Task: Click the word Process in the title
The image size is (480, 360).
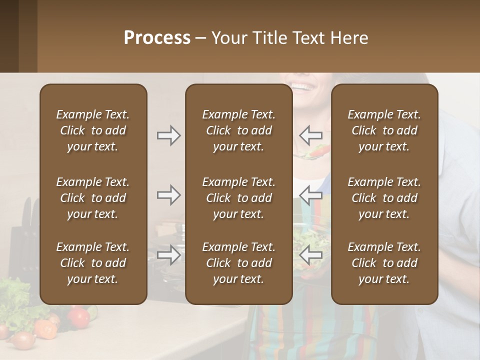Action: tap(157, 38)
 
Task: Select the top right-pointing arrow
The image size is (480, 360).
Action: tap(168, 135)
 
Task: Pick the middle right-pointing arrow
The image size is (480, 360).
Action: tap(168, 195)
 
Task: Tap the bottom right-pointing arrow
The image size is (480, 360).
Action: tap(168, 255)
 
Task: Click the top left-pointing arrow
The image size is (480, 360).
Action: tap(311, 135)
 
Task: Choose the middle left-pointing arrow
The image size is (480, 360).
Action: tap(311, 195)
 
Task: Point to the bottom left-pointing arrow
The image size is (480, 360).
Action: tap(311, 255)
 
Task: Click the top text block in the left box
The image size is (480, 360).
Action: tap(93, 130)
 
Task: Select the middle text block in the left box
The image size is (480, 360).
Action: tap(93, 198)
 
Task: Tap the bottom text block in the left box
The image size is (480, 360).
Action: tap(93, 263)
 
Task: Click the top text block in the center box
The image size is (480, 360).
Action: tap(238, 130)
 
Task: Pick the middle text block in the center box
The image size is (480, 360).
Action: tap(238, 198)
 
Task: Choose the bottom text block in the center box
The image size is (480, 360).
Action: tap(238, 263)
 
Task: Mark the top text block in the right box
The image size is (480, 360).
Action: tap(384, 130)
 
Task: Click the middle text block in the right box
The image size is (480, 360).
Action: tap(384, 198)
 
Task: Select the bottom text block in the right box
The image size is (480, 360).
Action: tap(384, 263)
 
